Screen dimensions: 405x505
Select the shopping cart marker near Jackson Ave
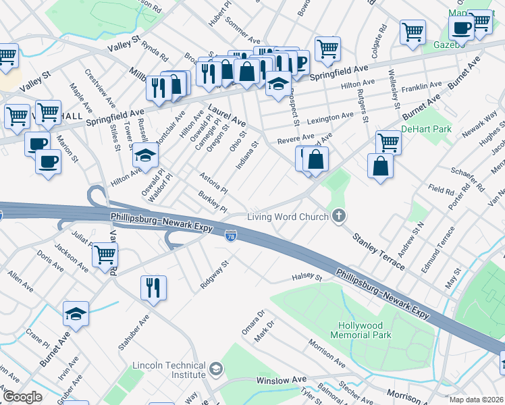(105, 254)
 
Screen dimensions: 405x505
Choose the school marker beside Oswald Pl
(144, 155)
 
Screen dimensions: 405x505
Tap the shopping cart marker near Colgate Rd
(413, 30)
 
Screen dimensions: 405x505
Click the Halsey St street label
(307, 277)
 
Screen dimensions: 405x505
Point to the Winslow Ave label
(281, 381)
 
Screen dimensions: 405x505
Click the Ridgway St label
(215, 275)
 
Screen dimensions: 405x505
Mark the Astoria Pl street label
(213, 182)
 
